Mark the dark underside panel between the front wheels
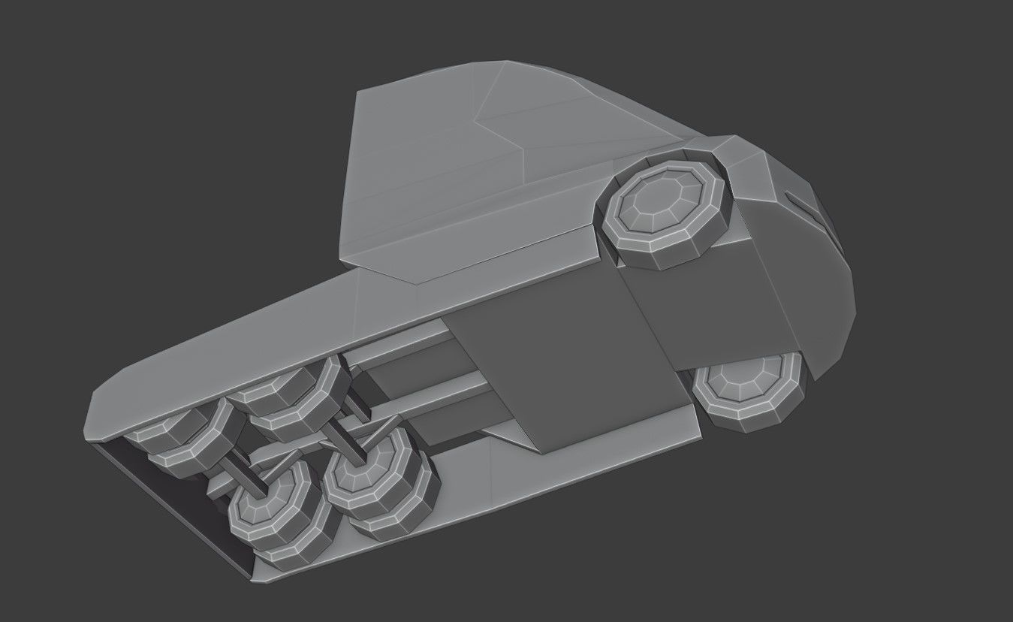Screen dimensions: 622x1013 (x=721, y=316)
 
